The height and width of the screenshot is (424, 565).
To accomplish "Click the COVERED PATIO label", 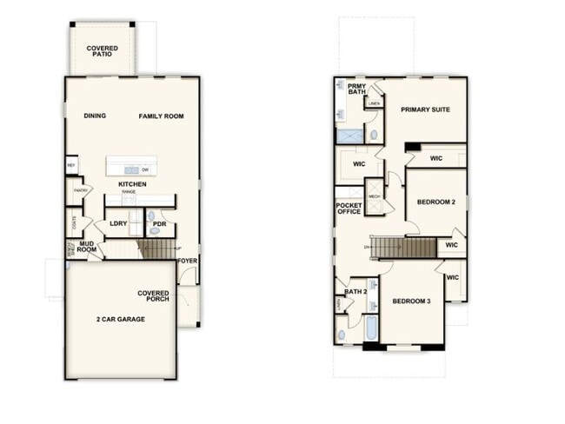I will tap(103, 50).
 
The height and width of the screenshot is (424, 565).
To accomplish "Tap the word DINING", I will tap(96, 116).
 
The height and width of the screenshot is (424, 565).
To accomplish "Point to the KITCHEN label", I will tap(132, 184).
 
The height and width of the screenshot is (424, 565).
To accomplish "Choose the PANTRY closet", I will tap(82, 191).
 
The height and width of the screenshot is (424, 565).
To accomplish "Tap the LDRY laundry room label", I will tap(118, 224).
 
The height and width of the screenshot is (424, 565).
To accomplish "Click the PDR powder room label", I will tap(159, 224).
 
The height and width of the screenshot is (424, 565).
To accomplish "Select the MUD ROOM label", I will tap(87, 247).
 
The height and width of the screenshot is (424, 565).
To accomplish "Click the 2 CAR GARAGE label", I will tap(121, 319).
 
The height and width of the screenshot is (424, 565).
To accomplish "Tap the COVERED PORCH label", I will tap(153, 297).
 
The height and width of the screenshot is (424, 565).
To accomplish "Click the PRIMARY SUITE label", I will tap(423, 110).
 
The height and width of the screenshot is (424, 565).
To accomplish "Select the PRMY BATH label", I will tap(357, 89).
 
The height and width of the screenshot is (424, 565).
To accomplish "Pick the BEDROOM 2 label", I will tap(436, 202).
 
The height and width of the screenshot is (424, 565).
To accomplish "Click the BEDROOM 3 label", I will tap(411, 301).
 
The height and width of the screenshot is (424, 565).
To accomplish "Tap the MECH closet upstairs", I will tap(375, 197).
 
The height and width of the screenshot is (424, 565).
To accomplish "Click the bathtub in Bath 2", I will tap(370, 329).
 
